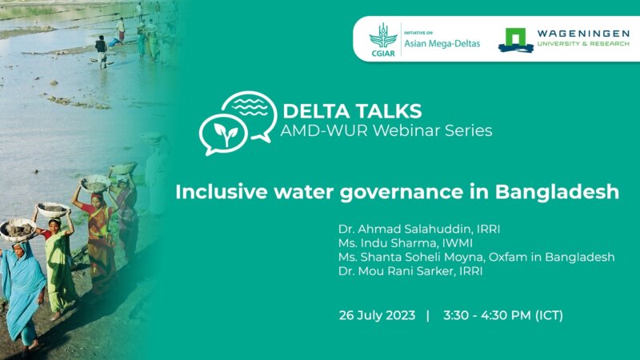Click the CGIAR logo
tap(382, 38)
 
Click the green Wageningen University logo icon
tap(516, 39)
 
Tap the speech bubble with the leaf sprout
tap(221, 135)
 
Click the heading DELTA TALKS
tap(352, 110)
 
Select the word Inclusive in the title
tap(218, 192)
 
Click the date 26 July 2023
tap(378, 314)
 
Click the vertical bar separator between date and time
tap(428, 314)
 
